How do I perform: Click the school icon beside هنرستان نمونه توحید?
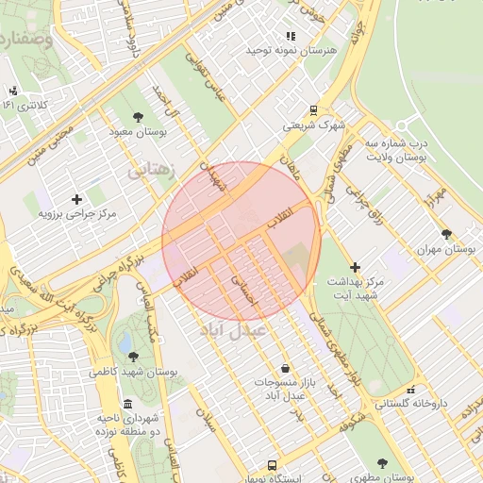[290, 36]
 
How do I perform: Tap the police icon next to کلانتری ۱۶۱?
[13, 92]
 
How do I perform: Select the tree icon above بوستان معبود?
[139, 117]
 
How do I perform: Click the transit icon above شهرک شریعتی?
[313, 109]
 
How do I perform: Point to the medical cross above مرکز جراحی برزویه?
[77, 199]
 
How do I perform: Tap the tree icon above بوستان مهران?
[446, 234]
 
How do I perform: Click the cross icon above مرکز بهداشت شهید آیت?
[355, 268]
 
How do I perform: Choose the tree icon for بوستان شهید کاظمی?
[133, 357]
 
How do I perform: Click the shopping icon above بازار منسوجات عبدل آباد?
[285, 367]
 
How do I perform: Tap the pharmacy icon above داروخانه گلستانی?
[409, 389]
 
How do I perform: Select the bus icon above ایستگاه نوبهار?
[272, 466]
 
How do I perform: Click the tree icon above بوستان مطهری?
[382, 463]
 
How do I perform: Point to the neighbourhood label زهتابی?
[150, 173]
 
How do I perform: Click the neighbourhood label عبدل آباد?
[234, 332]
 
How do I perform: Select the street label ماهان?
[288, 168]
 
